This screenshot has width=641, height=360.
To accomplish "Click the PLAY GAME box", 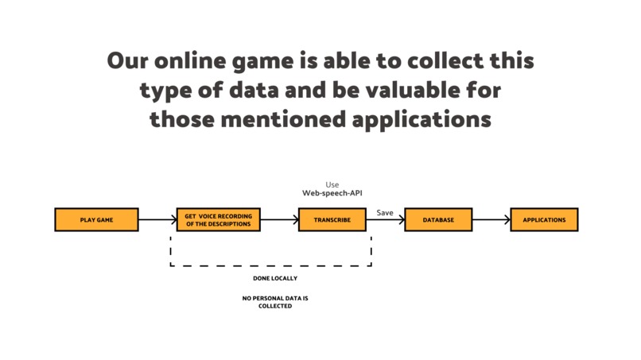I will (96, 219).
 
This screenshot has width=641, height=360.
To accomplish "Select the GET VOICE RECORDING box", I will (218, 219).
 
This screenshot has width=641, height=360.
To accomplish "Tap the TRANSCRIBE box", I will (332, 219).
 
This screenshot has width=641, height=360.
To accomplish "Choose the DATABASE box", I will (438, 219).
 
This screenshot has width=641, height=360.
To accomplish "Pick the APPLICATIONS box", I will (544, 219).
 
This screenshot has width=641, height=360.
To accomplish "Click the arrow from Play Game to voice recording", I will (157, 219).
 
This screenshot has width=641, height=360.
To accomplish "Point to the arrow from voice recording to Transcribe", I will (279, 219).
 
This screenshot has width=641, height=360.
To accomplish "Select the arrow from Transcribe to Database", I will (386, 220).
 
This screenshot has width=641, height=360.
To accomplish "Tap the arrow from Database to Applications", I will (491, 219).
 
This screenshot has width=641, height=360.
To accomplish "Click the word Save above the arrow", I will (385, 212).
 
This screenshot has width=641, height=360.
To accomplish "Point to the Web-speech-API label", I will (332, 192).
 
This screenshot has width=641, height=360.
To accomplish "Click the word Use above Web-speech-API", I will (332, 184).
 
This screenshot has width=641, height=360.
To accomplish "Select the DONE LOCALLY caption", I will (275, 278).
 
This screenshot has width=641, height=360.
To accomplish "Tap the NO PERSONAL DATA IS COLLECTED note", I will (275, 302).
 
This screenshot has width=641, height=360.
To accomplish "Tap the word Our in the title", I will (126, 61).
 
